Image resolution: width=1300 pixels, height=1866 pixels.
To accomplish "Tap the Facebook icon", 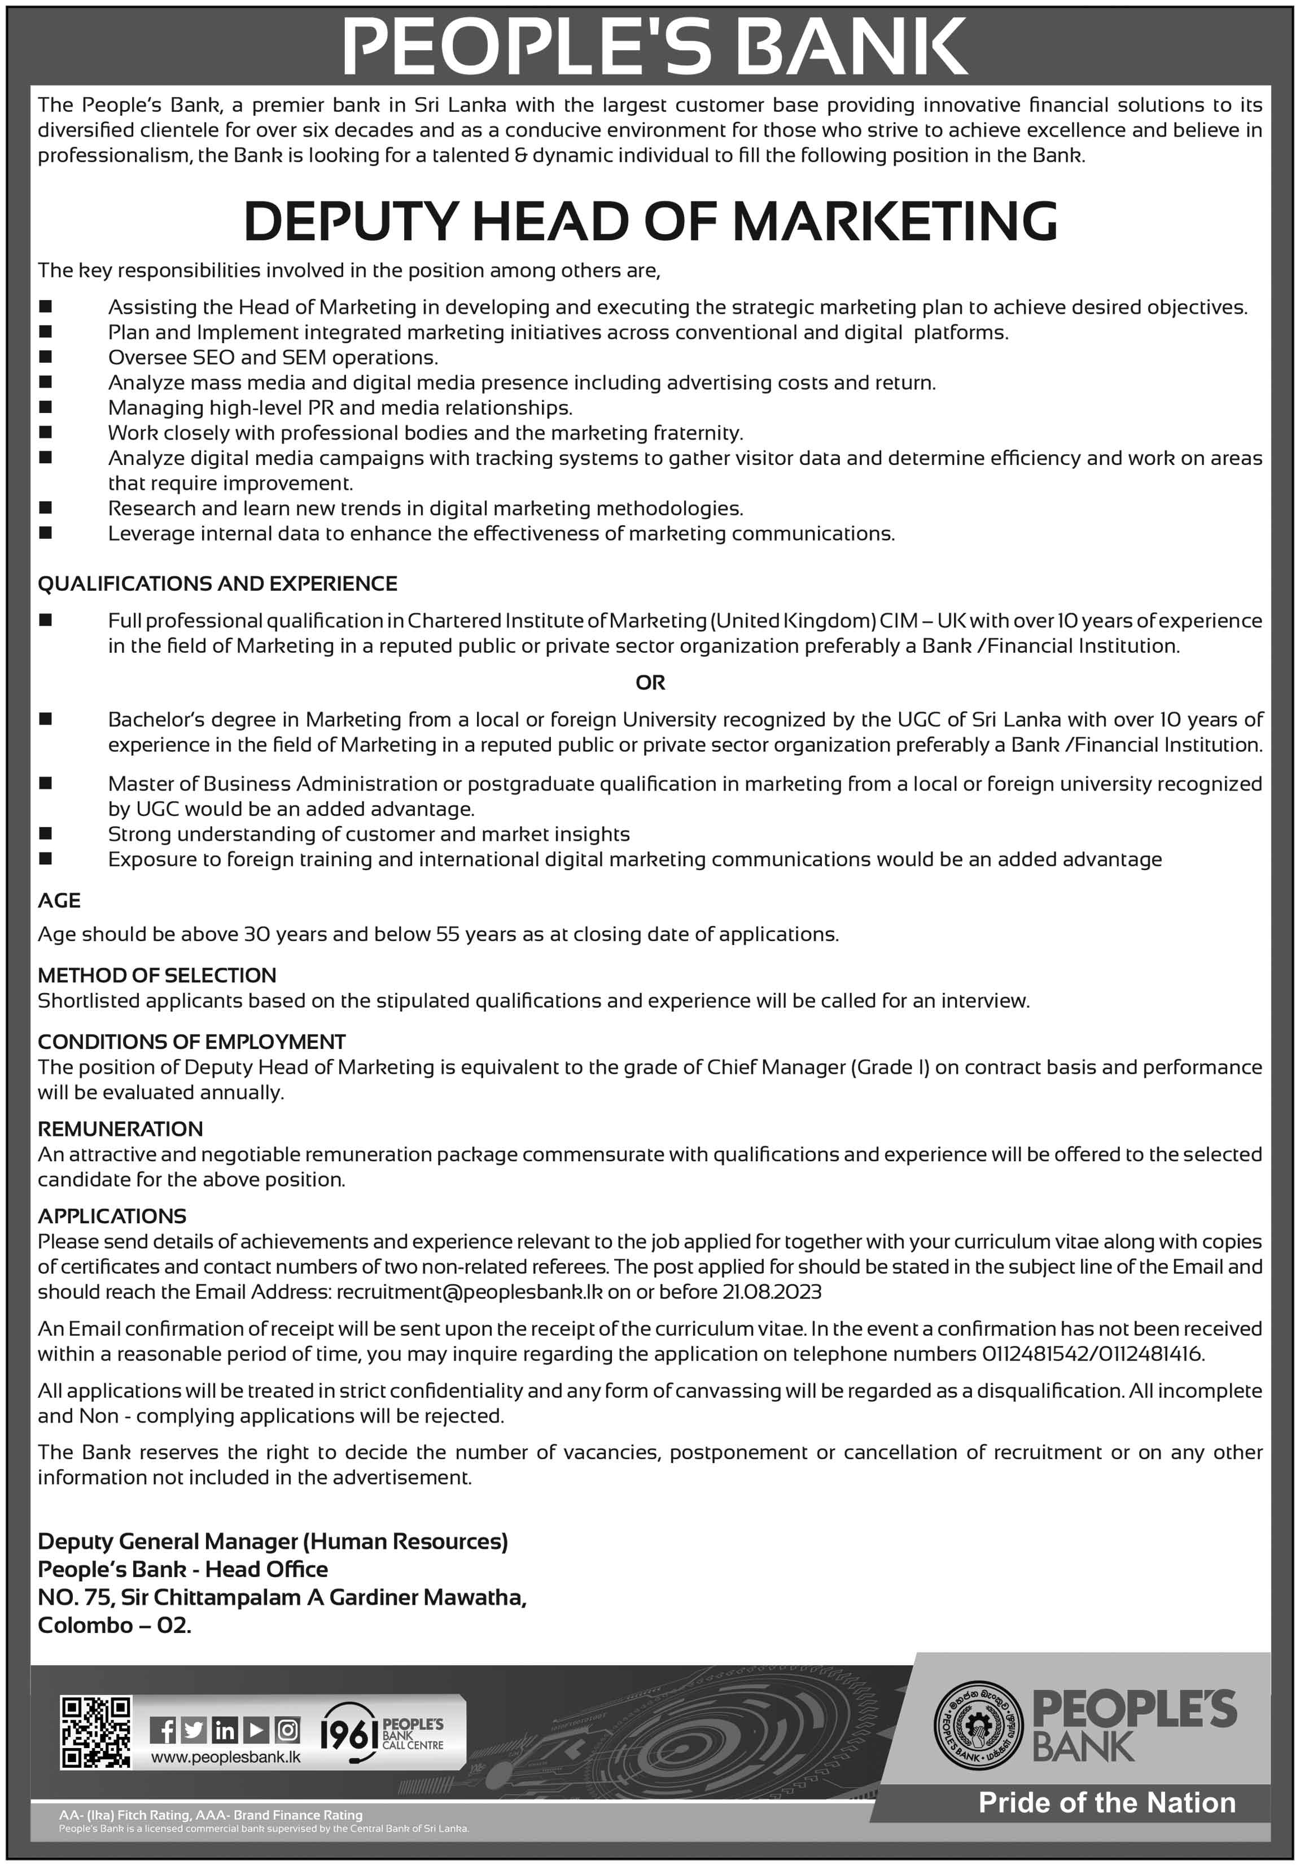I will [x=163, y=1731].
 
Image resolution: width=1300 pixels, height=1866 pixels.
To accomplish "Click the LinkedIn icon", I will [x=225, y=1731].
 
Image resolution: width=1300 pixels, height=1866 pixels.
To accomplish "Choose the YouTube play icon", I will [x=255, y=1731].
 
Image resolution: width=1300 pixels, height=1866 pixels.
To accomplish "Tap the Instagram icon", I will [x=287, y=1731].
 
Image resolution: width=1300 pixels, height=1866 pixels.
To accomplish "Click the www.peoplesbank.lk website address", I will [x=225, y=1757].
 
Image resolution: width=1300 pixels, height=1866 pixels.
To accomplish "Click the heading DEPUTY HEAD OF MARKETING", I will [x=650, y=221].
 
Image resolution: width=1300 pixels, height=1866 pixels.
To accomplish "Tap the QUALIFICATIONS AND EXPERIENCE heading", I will [x=217, y=583].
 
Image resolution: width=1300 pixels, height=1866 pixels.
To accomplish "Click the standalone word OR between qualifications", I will [x=650, y=683].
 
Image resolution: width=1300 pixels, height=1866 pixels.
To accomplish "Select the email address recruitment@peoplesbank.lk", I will [x=469, y=1292].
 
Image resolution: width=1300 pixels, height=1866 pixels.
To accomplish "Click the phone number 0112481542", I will [x=1034, y=1354].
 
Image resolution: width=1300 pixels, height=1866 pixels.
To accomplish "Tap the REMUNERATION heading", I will [x=120, y=1129].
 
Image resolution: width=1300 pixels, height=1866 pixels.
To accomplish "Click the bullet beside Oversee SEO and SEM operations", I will [x=46, y=357].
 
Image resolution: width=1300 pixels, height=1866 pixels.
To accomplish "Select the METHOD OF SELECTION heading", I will [x=157, y=975].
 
